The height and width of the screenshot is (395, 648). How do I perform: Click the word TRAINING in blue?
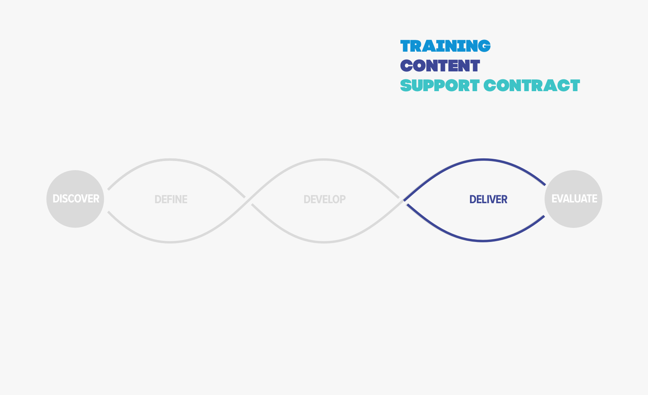coord(445,46)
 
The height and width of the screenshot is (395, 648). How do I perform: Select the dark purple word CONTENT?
coord(440,66)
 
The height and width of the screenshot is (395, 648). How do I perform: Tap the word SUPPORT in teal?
coord(440,85)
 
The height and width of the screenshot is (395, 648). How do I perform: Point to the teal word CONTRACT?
coord(532,85)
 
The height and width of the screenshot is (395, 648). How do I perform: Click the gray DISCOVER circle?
coord(75,199)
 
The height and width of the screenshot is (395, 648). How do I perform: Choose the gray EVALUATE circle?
coord(573,199)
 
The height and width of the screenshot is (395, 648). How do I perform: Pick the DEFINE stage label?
coord(171,199)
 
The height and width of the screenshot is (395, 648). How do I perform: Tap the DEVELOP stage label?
coord(325,199)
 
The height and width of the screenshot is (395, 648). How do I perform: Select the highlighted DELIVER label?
coord(488,199)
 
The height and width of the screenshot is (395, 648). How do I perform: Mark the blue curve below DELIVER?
coord(483,241)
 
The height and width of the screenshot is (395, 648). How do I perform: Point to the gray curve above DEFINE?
coord(170,159)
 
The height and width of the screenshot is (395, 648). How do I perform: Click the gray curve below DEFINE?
coord(170,242)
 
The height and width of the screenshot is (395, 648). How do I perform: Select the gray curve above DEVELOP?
coord(324,159)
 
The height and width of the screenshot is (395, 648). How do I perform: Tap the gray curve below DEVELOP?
coord(324,242)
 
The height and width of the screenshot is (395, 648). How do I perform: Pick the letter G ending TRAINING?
coord(484,46)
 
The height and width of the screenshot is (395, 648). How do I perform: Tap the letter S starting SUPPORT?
coord(406,85)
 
